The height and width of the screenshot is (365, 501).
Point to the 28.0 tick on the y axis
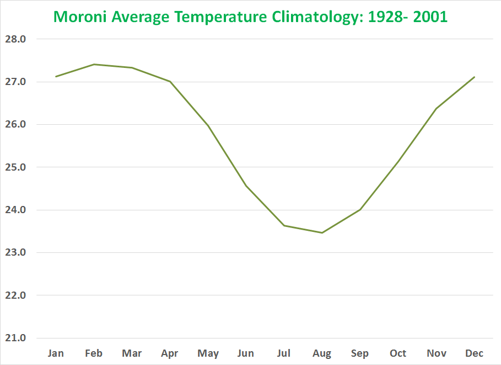pyautogui.click(x=17, y=39)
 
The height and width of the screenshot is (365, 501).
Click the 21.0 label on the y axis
pyautogui.click(x=17, y=338)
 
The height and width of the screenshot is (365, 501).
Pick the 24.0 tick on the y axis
pyautogui.click(x=17, y=210)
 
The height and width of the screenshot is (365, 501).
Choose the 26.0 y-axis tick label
pyautogui.click(x=17, y=124)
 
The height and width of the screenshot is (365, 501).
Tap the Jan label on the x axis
pyautogui.click(x=56, y=353)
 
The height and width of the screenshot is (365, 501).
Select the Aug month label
pyautogui.click(x=322, y=353)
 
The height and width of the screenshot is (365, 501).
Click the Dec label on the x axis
pyautogui.click(x=474, y=353)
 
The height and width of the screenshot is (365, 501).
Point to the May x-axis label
pyautogui.click(x=208, y=353)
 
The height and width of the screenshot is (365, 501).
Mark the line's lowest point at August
pyautogui.click(x=322, y=232)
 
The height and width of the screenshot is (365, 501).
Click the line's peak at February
pyautogui.click(x=94, y=64)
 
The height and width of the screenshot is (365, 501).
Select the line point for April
pyautogui.click(x=170, y=81)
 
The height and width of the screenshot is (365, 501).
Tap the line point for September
pyautogui.click(x=360, y=209)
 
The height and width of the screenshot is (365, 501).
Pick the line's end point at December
pyautogui.click(x=474, y=77)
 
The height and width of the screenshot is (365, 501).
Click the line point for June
pyautogui.click(x=246, y=185)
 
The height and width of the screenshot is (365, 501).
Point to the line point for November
pyautogui.click(x=436, y=108)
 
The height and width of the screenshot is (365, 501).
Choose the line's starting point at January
pyautogui.click(x=56, y=76)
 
